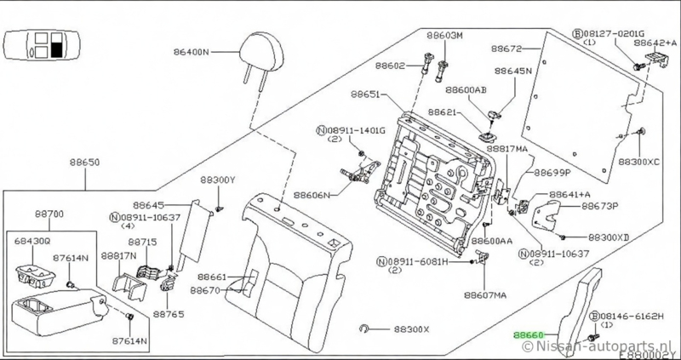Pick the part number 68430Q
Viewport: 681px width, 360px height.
[34, 242]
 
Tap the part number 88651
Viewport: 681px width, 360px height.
[366, 97]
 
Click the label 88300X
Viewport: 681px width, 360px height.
[412, 329]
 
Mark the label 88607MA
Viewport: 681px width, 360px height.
[486, 295]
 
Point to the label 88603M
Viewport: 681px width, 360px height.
[446, 36]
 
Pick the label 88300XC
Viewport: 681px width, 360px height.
[639, 161]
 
